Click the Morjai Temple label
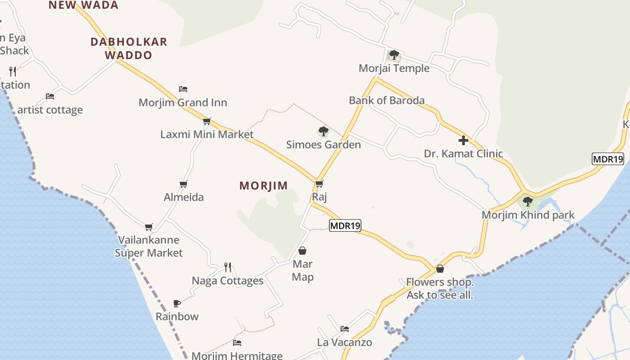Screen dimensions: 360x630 (394, 68)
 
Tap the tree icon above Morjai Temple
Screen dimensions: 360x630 (394, 55)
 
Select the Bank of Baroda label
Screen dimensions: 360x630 (387, 100)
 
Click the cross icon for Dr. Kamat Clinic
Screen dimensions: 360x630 (463, 140)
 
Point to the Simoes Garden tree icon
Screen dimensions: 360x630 (323, 131)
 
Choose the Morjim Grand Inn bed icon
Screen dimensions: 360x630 (183, 89)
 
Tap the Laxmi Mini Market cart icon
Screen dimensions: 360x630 (207, 121)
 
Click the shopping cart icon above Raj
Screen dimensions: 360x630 (319, 184)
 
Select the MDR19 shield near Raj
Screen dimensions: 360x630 (345, 225)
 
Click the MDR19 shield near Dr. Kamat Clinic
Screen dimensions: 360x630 (607, 158)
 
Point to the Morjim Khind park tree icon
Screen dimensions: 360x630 (528, 202)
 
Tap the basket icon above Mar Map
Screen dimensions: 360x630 (302, 251)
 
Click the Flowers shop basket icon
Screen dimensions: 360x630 (440, 269)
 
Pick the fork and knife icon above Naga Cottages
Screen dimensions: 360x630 (228, 267)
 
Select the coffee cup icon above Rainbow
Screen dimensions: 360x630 (177, 303)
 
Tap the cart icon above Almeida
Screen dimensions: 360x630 (183, 184)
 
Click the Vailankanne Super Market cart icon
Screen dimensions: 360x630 (149, 227)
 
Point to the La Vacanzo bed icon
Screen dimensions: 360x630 (345, 329)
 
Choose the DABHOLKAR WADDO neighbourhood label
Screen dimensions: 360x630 (129, 49)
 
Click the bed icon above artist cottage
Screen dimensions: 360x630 (50, 96)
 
